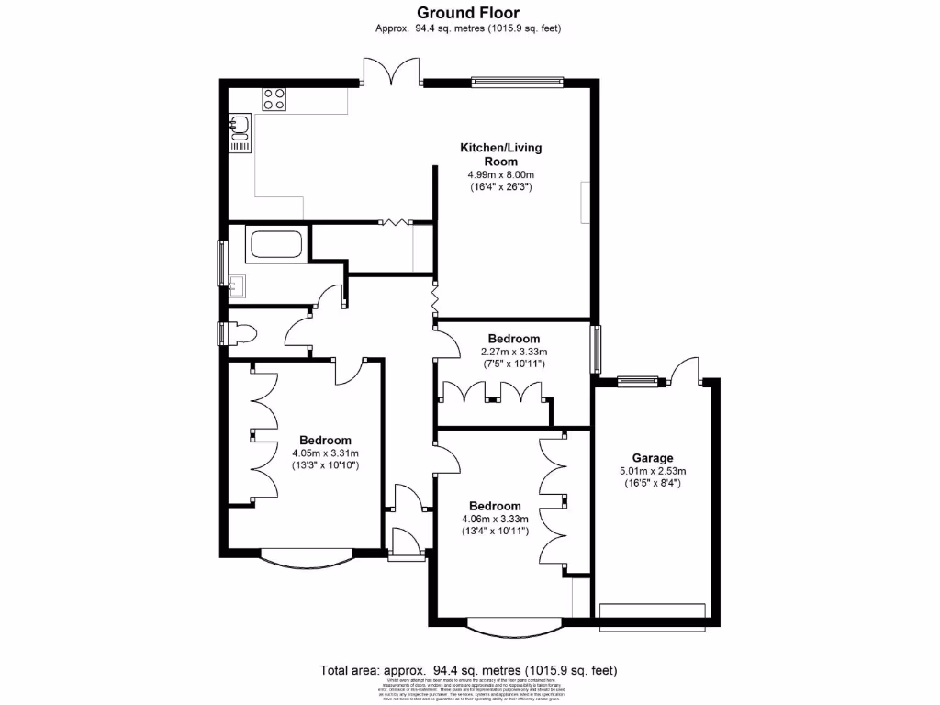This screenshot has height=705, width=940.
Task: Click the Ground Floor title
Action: point(468,13)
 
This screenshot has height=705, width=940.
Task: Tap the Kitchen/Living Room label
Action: point(495,154)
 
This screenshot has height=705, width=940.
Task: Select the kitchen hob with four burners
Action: point(274,98)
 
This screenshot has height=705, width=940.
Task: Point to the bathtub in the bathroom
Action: point(275,244)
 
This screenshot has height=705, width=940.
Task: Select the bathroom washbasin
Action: point(238,286)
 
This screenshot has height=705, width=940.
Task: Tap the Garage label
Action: point(652,458)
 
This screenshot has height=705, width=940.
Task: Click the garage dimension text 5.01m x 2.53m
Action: point(652,472)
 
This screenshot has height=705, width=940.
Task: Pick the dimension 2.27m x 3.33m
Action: point(514,352)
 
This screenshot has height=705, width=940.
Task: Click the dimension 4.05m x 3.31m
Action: point(325,453)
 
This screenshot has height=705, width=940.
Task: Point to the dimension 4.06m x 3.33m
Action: point(495,519)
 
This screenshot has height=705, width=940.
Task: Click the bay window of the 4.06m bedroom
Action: point(513,628)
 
